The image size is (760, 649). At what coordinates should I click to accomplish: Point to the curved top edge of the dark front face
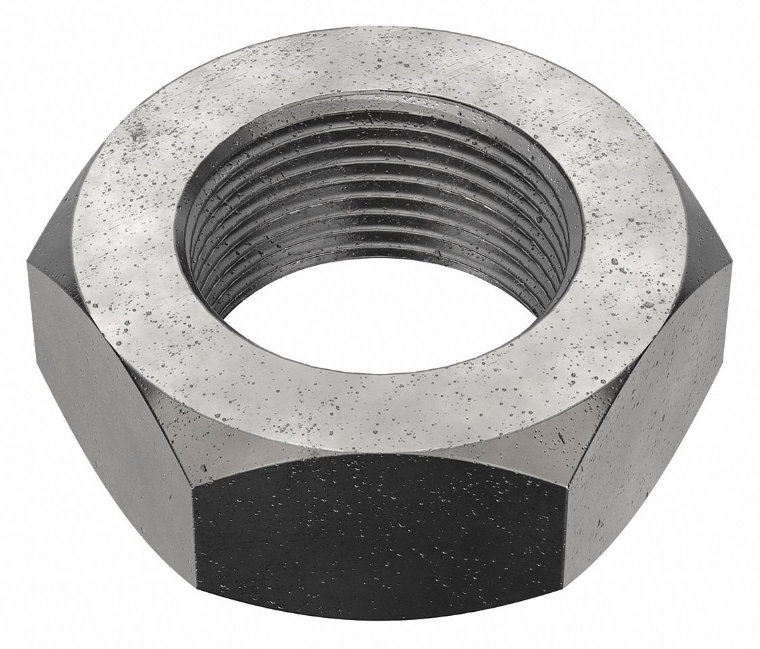tap(378, 456)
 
